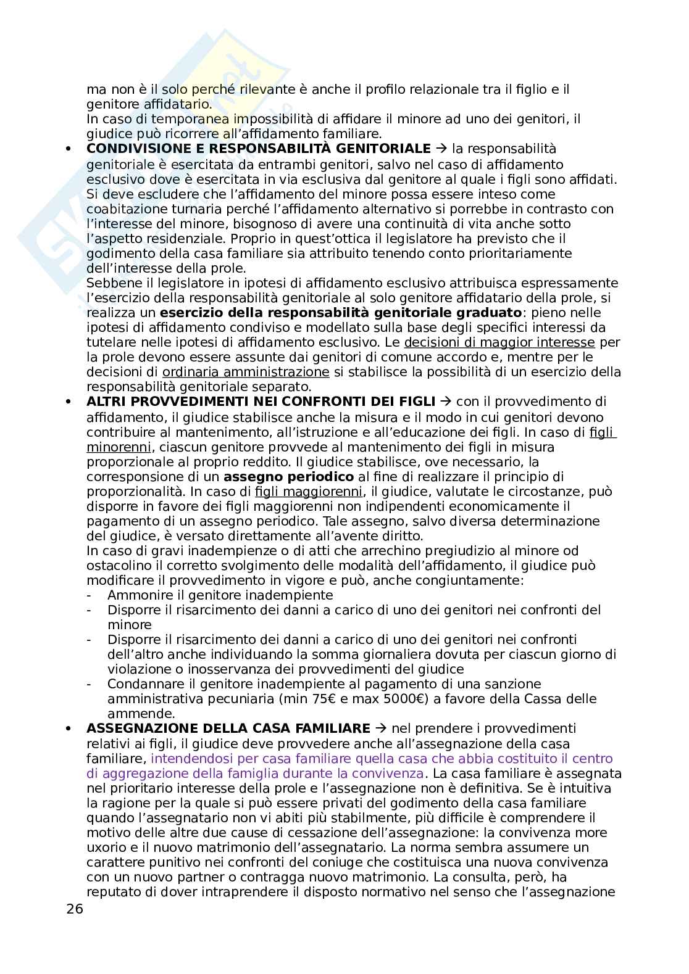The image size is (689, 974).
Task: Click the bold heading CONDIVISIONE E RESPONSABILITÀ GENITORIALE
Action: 258,149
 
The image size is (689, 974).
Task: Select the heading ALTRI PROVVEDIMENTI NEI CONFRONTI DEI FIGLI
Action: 261,402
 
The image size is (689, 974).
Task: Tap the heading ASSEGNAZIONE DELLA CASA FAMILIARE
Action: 228,728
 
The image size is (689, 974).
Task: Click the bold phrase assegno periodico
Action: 288,476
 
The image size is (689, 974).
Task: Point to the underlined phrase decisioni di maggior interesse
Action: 499,342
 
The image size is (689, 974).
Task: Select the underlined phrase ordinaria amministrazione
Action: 245,372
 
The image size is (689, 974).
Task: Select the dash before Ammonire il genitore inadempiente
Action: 90,595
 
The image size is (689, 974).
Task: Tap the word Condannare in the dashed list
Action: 140,684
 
